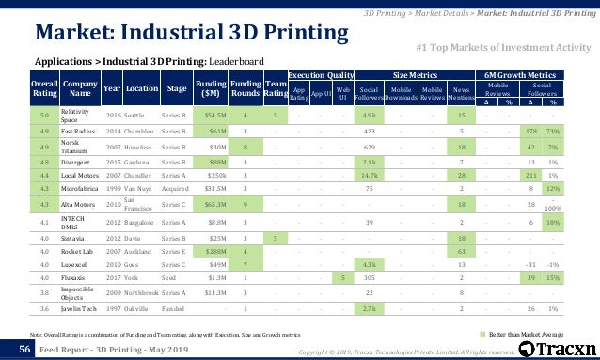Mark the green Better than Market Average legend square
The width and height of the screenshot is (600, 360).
tap(483, 334)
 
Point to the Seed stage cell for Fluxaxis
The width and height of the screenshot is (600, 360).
tap(178, 278)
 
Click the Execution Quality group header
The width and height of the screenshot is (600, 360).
tap(320, 73)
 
